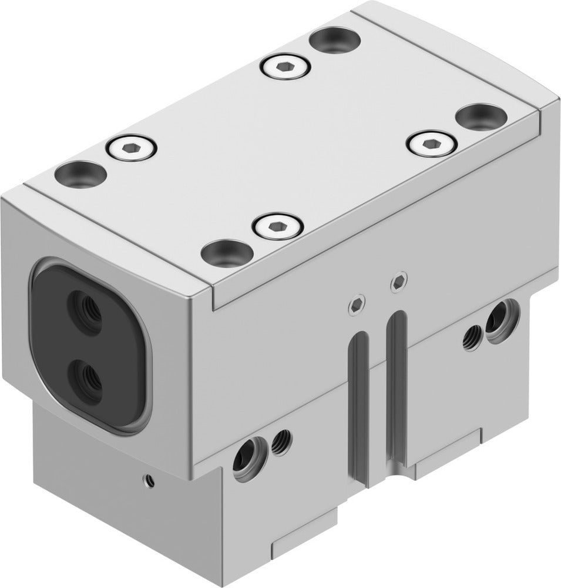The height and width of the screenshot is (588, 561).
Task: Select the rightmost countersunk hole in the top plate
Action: [481, 116]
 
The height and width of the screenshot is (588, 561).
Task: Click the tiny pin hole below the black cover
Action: [150, 481]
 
